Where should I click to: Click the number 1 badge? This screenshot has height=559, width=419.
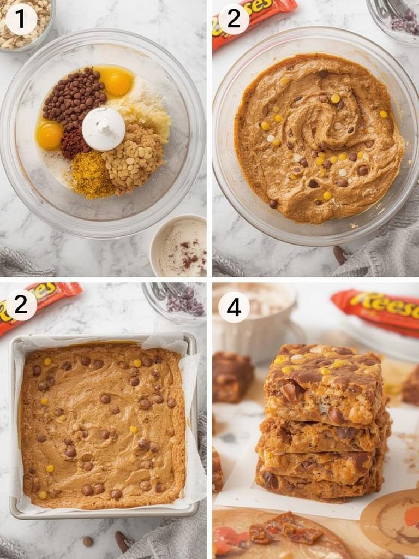point(21,19)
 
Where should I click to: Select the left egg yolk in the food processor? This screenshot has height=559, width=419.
point(50,135)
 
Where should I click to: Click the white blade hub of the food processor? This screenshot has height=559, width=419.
point(104,129)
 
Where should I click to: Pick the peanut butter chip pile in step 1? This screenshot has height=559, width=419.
point(134,156)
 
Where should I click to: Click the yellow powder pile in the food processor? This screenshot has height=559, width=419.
point(91,175)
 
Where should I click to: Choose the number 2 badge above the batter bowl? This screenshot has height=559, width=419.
point(234,19)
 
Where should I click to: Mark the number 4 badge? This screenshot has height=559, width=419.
point(234,307)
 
